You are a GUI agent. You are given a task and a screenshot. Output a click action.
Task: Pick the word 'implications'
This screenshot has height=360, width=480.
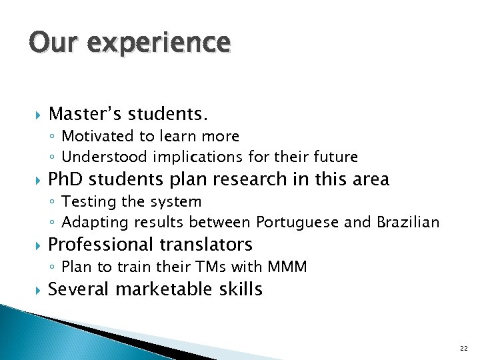pyautogui.click(x=188, y=157)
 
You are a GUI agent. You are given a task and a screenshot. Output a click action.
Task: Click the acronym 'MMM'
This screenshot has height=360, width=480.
pyautogui.click(x=287, y=267)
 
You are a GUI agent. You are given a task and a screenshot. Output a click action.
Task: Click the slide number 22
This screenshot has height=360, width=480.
pyautogui.click(x=463, y=349)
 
